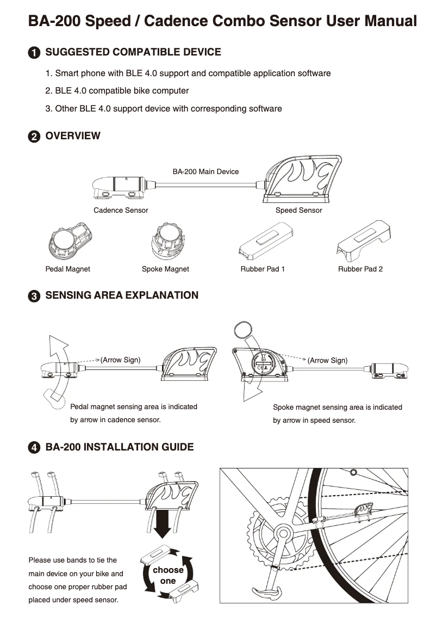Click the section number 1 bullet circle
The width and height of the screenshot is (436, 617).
coord(34,53)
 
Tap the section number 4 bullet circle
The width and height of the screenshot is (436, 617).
coord(34,447)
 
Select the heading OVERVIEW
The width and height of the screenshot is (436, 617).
coord(73,135)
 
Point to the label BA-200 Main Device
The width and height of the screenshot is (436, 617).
coord(205,171)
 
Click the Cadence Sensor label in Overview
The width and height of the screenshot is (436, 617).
coord(121,210)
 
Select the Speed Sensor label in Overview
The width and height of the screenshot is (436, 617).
coord(298,210)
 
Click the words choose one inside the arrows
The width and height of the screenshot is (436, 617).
coord(168,575)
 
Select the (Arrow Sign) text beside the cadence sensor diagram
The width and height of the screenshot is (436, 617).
coord(120,360)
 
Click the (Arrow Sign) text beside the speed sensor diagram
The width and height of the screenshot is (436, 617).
coord(327,360)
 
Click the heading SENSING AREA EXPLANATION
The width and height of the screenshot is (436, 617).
coord(122,295)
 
